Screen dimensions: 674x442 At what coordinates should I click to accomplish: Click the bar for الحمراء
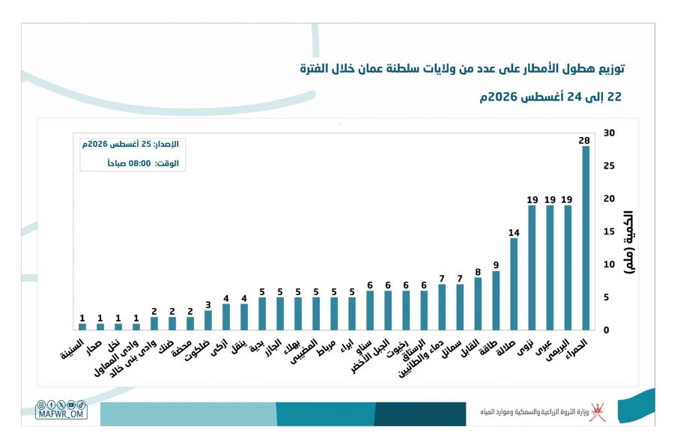click(x=586, y=237)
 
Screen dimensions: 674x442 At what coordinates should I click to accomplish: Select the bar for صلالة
click(x=514, y=284)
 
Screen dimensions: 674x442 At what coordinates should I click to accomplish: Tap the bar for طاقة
click(x=496, y=300)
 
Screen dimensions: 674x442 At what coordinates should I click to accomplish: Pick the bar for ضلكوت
click(x=208, y=321)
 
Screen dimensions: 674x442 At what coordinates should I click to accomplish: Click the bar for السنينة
click(x=82, y=327)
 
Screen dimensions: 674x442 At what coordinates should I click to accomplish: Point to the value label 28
click(x=584, y=141)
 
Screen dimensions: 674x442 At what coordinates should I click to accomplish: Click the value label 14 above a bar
click(x=514, y=232)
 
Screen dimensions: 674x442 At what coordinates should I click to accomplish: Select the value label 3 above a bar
click(x=208, y=305)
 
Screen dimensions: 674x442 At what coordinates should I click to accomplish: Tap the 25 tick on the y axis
click(x=609, y=166)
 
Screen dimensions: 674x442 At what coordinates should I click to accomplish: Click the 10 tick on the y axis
click(x=609, y=264)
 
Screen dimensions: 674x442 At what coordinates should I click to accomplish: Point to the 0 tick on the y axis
click(x=607, y=330)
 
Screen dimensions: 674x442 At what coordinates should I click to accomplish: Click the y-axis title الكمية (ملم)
click(x=629, y=242)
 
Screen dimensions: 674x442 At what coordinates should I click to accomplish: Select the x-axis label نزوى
click(x=526, y=348)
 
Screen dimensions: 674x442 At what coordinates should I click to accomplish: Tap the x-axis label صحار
click(x=94, y=348)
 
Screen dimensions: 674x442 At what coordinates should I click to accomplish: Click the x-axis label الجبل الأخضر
click(x=370, y=356)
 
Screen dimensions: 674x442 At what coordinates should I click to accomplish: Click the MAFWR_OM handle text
click(x=61, y=414)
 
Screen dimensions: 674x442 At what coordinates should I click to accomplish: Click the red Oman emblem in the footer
click(x=598, y=412)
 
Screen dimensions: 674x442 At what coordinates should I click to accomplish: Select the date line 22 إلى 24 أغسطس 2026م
click(x=550, y=97)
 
